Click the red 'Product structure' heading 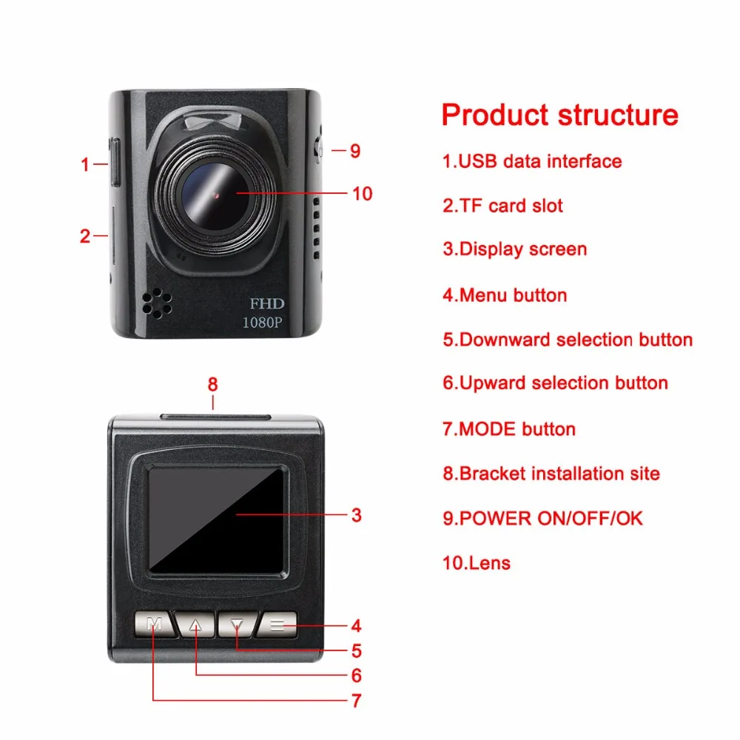pyautogui.click(x=559, y=115)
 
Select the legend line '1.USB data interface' pyautogui.click(x=532, y=161)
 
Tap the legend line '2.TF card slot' pyautogui.click(x=502, y=206)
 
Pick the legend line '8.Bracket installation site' pyautogui.click(x=551, y=474)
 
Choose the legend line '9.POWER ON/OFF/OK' pyautogui.click(x=542, y=518)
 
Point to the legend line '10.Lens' pyautogui.click(x=477, y=563)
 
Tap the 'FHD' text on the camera pyautogui.click(x=266, y=303)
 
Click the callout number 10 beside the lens pyautogui.click(x=362, y=194)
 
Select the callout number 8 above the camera pyautogui.click(x=213, y=384)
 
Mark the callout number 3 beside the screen pyautogui.click(x=356, y=515)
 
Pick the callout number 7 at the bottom pyautogui.click(x=356, y=699)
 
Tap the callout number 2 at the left pyautogui.click(x=85, y=237)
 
